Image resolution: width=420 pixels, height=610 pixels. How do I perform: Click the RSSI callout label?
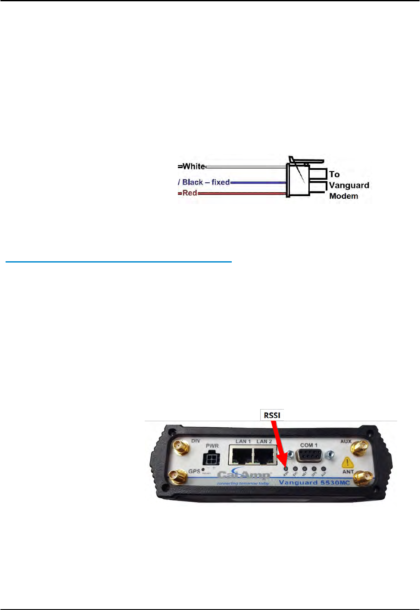[272, 415]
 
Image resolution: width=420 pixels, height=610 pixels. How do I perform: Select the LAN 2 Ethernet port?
[264, 456]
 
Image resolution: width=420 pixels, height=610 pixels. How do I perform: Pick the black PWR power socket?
[211, 458]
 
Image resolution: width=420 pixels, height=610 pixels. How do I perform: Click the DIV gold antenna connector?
[180, 447]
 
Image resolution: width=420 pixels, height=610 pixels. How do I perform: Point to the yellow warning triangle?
[348, 463]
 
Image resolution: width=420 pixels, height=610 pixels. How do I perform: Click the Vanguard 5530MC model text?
[314, 482]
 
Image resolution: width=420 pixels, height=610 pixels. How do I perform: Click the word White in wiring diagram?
[193, 166]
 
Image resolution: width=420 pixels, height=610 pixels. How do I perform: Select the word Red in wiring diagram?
[190, 193]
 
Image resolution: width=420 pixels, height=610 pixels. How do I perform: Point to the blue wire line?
[258, 182]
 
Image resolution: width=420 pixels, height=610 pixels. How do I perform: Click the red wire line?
[241, 194]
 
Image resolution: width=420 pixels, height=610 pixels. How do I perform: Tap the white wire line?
[246, 166]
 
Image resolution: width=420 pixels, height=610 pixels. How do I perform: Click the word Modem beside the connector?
[344, 196]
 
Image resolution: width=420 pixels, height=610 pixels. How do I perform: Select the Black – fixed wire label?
[205, 182]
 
